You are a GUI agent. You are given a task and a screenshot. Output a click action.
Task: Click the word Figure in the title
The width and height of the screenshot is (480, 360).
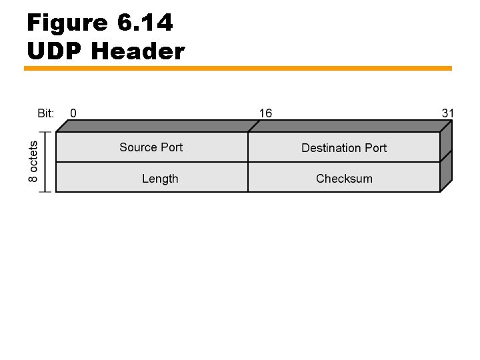tap(67, 23)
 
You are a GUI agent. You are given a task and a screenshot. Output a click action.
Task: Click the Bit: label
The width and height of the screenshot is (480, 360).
tap(45, 113)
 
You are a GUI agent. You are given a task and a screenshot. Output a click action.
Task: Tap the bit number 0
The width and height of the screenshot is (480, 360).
tap(73, 113)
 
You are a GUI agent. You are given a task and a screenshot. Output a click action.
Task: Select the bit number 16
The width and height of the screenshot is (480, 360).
tap(265, 113)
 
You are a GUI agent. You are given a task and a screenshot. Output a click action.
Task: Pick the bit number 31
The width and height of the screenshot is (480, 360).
tap(447, 113)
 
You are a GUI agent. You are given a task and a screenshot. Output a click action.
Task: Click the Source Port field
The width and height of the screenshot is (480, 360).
tap(151, 147)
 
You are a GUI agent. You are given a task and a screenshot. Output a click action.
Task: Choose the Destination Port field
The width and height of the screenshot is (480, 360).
tap(344, 147)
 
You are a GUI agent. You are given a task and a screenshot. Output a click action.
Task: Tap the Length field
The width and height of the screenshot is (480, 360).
tap(160, 178)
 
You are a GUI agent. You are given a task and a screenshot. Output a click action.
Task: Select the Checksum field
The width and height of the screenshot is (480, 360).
tap(344, 178)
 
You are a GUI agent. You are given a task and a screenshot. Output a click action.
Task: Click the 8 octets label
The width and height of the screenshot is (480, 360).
tap(33, 161)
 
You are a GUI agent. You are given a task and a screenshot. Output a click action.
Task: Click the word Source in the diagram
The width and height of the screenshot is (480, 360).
tap(138, 147)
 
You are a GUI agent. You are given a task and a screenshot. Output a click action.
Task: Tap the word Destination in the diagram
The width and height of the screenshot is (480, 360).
tap(331, 147)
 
